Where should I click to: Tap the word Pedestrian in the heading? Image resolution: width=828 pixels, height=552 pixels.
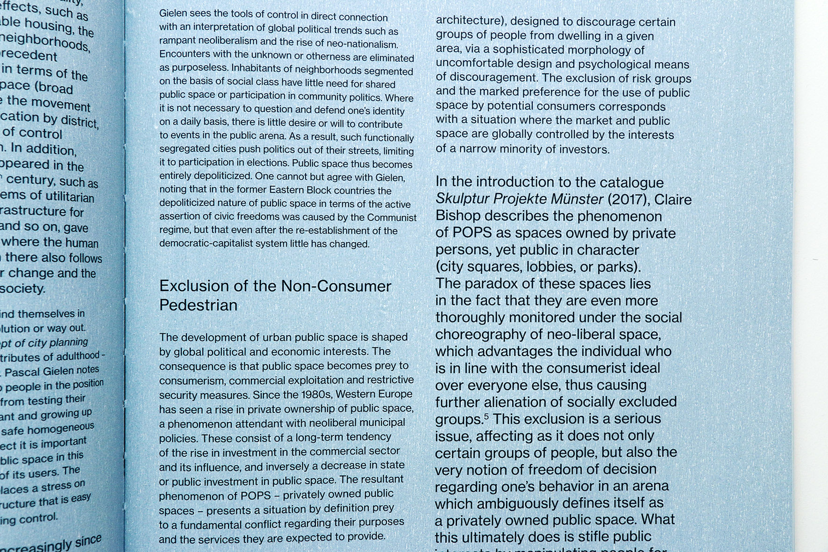click(x=198, y=305)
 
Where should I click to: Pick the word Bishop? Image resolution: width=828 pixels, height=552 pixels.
click(x=458, y=216)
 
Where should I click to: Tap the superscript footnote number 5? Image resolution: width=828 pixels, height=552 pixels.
click(x=486, y=416)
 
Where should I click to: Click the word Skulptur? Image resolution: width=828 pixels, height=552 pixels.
click(x=462, y=199)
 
